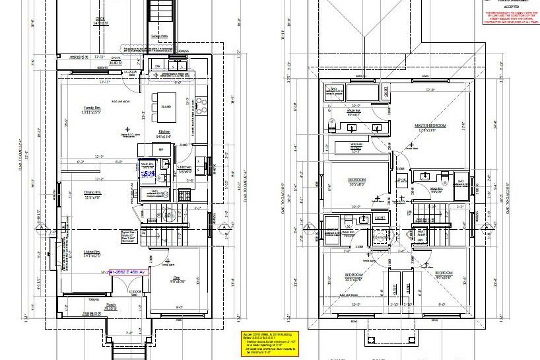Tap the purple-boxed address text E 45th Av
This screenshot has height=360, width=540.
129,271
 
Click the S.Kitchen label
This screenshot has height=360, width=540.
184,167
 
